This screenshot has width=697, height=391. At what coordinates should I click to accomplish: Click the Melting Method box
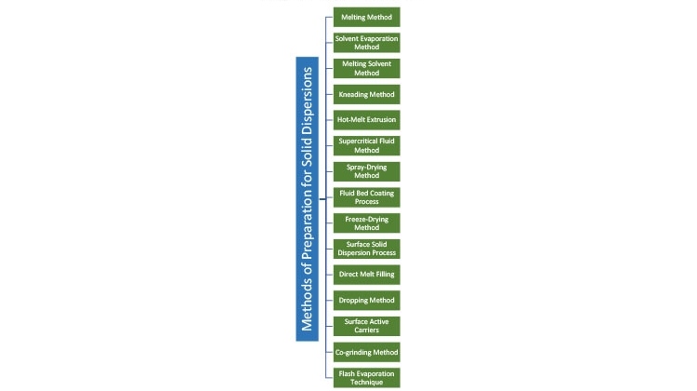click(367, 17)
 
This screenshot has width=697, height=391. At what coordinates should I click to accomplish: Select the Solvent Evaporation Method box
click(367, 43)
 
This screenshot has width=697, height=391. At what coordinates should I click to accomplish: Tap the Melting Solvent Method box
click(367, 69)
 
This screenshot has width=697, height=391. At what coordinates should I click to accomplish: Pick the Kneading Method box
click(367, 94)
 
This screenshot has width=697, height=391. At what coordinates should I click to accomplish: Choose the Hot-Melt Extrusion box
click(367, 120)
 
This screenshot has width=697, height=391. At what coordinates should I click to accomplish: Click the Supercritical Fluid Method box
click(367, 145)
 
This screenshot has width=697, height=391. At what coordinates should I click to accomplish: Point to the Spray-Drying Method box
click(367, 171)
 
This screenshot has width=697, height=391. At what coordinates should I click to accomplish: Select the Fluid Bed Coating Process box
click(367, 197)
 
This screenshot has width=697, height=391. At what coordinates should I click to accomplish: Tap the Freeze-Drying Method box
click(367, 223)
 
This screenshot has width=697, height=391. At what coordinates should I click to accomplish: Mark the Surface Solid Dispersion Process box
click(367, 249)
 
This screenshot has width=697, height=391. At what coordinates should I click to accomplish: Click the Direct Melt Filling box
click(367, 275)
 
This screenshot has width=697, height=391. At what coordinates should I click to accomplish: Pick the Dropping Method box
click(367, 300)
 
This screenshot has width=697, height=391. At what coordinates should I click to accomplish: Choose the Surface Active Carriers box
click(367, 326)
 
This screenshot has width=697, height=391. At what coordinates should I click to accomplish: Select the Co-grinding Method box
click(367, 352)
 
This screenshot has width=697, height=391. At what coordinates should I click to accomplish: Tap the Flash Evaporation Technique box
click(367, 378)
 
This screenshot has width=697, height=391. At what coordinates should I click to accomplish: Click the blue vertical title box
click(308, 199)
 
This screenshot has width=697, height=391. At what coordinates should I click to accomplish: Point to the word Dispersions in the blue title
click(308, 101)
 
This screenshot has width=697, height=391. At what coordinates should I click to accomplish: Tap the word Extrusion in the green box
click(381, 120)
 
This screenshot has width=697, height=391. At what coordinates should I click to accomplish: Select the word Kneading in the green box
click(352, 94)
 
